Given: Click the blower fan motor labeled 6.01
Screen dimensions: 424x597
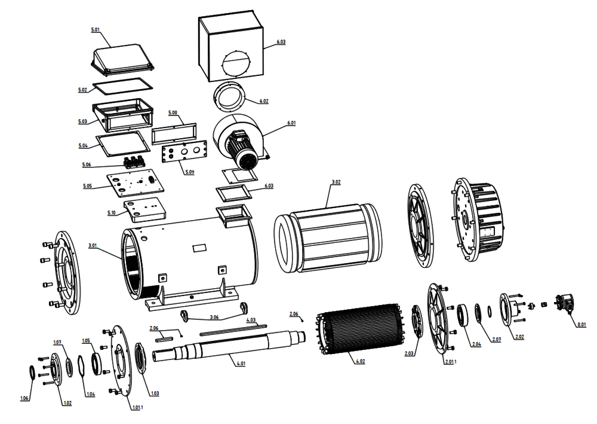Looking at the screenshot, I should click(x=241, y=144).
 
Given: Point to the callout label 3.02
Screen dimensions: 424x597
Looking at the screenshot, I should click(x=336, y=182).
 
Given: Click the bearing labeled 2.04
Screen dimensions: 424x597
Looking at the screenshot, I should click(x=463, y=315).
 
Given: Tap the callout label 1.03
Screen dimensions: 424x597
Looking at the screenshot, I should click(x=154, y=393).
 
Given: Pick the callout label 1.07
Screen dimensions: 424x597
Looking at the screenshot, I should click(x=58, y=342).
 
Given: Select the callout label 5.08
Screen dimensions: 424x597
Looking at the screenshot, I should click(x=173, y=112).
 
